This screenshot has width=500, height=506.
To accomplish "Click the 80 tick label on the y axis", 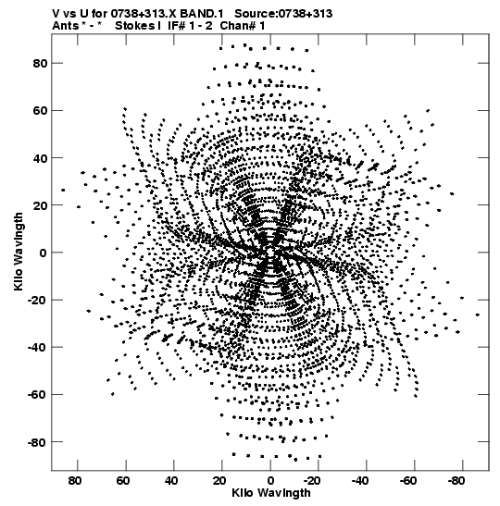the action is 40,63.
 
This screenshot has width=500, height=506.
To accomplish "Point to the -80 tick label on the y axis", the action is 37,442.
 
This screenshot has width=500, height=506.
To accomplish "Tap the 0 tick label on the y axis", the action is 44,253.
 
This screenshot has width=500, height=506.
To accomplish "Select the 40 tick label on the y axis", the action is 40,158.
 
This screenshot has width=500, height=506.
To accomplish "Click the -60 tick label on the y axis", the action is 37,395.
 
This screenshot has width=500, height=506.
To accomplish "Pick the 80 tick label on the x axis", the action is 75,481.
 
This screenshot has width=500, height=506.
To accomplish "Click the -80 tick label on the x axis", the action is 456,481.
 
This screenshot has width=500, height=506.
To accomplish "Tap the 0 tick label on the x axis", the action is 270,481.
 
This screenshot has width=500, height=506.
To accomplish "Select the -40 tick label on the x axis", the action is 360,481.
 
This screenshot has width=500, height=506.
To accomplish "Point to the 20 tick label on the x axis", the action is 219,481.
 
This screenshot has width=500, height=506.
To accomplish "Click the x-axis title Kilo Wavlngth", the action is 271,493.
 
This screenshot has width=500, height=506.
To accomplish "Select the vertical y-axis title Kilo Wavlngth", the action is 19,252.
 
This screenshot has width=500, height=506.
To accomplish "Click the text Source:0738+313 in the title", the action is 283,14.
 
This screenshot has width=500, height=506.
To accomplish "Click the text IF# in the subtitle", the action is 177,26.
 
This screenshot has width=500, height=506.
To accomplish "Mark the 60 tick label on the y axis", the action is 40,111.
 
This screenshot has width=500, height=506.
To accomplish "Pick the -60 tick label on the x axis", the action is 408,481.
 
